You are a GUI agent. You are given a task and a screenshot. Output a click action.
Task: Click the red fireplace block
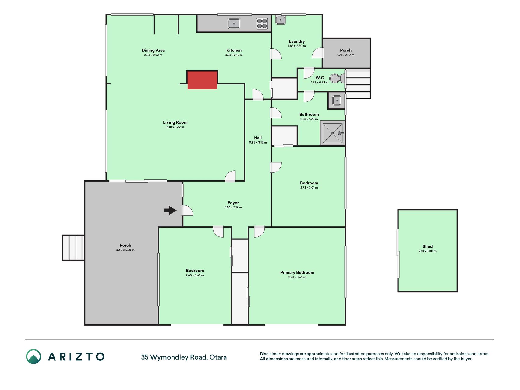[202, 80]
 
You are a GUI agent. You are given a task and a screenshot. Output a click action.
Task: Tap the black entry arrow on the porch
[170, 210]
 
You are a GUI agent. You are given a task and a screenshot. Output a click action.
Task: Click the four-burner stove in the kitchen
[262, 23]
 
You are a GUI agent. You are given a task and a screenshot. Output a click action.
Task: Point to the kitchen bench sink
[234, 23]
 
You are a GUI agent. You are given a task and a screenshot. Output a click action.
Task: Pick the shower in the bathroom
[332, 133]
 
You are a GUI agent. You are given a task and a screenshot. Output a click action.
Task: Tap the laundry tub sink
[280, 20]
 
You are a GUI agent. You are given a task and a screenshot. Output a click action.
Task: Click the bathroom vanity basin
[336, 100]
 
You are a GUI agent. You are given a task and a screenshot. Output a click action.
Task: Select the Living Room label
[175, 122]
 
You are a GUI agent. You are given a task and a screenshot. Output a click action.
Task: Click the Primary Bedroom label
[297, 272]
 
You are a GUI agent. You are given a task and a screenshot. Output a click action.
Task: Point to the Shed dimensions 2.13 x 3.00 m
[427, 251]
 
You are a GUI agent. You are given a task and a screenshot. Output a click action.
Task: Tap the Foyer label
[233, 203]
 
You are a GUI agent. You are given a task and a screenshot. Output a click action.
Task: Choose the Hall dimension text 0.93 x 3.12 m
[258, 142]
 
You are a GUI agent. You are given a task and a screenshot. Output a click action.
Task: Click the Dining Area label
[153, 50]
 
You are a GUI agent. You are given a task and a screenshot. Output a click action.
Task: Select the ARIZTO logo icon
[34, 356]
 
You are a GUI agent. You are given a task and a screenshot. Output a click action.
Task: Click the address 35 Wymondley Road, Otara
[184, 357]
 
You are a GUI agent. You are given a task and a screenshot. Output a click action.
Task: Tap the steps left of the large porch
[73, 248]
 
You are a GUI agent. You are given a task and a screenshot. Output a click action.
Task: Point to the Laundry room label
[297, 41]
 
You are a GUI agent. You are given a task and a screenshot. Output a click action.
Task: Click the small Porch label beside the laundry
[346, 50]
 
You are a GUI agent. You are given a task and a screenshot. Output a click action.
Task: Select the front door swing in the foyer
[187, 211]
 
